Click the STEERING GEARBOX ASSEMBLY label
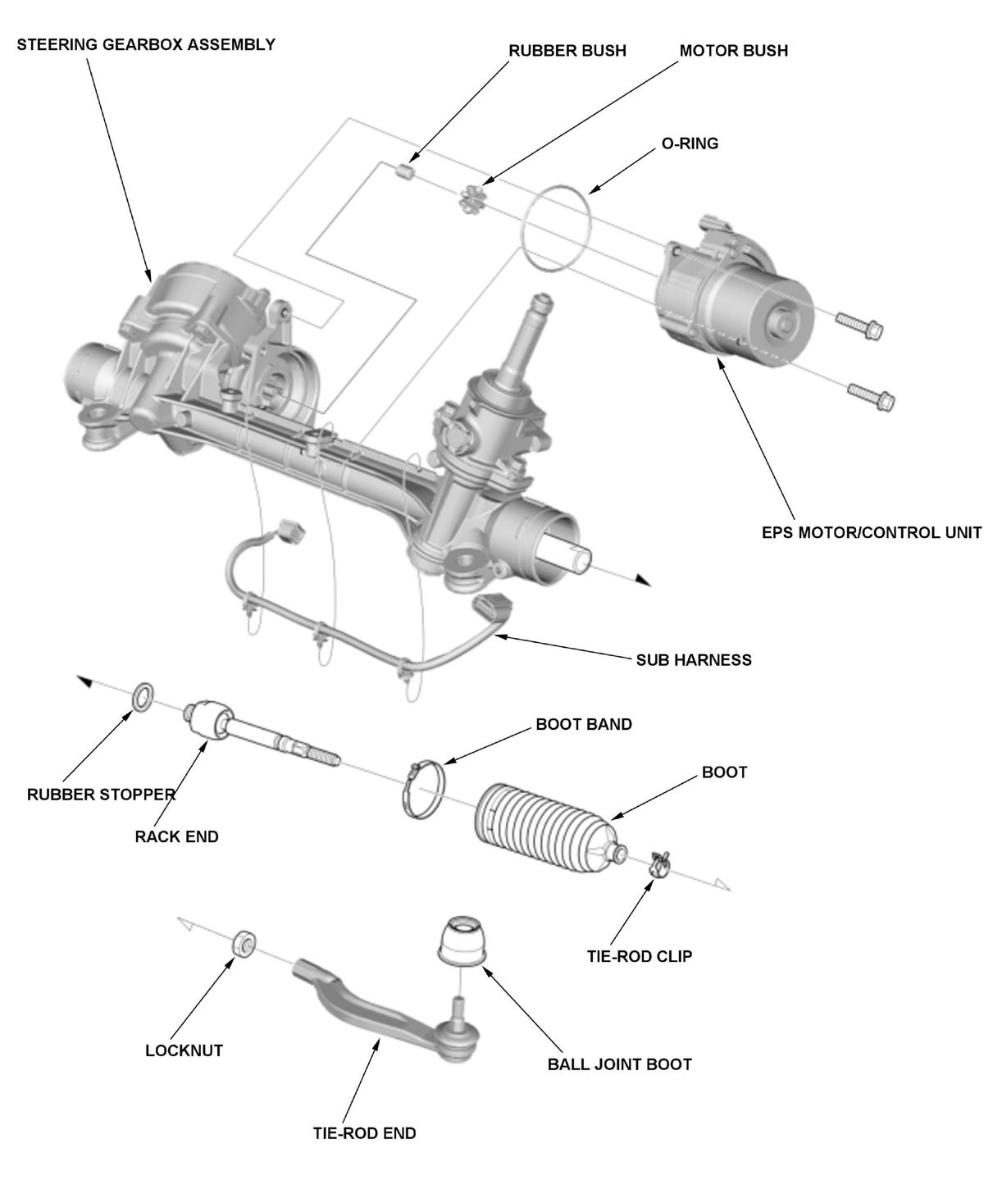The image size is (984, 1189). coord(146,44)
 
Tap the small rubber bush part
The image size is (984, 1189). coord(403,171)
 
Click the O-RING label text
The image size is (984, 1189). coord(690,143)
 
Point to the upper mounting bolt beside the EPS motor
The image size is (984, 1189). coord(859,326)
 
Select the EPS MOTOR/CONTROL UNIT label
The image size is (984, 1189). coord(871,532)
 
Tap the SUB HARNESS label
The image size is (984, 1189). coord(694,660)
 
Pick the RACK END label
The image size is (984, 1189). coord(176,837)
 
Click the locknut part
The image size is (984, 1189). coord(244,944)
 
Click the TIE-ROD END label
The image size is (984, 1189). coord(364,1133)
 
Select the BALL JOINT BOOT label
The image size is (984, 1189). coord(619,1064)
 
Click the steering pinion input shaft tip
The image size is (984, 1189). coord(540,303)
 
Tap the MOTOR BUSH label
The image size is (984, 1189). coord(733,51)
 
